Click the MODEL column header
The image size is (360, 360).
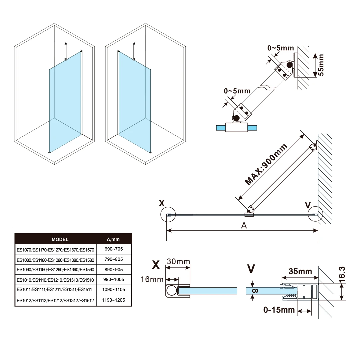(60, 239)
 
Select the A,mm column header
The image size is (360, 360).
(113, 239)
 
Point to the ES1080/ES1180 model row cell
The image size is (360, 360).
(56, 260)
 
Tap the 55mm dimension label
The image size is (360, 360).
(321, 65)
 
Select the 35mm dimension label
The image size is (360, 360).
(300, 271)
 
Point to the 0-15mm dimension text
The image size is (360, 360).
(279, 310)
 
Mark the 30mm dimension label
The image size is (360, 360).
(178, 262)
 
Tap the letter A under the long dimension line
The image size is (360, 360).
(244, 226)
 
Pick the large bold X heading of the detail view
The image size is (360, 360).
(156, 265)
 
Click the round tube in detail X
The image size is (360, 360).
(172, 291)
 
